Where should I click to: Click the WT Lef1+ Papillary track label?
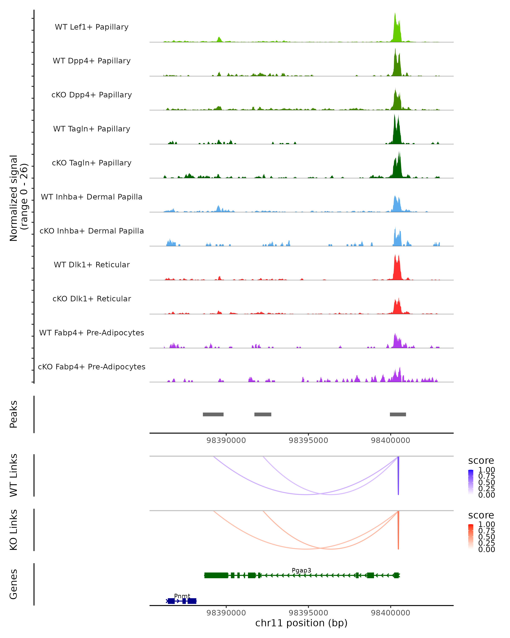[92, 27]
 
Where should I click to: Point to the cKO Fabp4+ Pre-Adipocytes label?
[92, 367]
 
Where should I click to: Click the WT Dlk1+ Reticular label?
[92, 265]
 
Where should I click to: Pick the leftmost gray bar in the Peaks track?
[213, 414]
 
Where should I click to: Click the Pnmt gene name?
[182, 596]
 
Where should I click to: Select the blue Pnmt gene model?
[181, 601]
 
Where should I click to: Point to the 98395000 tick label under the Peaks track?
[308, 440]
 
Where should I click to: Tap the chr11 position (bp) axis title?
[301, 623]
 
